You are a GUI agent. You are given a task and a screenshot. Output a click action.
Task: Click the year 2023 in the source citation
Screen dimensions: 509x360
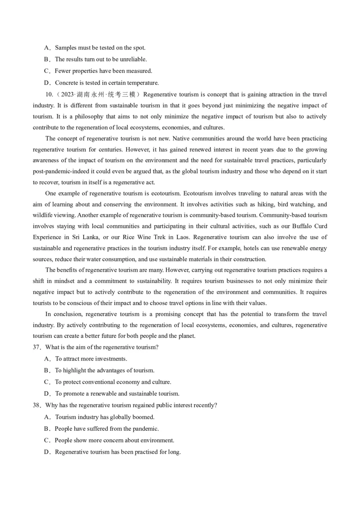click(68, 94)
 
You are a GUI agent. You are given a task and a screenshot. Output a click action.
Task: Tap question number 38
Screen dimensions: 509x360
click(37, 405)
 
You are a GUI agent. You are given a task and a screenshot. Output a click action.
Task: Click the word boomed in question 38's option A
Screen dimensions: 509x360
click(144, 417)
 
